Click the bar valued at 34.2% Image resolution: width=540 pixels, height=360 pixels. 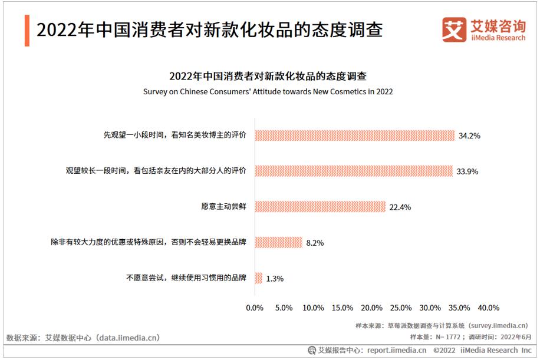pos(354,135)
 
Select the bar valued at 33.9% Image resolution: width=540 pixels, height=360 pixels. pos(354,171)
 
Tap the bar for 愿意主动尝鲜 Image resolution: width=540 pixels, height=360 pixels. pos(320,207)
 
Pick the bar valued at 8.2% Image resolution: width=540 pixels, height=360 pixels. pos(278,242)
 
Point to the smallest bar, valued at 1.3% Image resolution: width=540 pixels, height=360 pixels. pos(258,278)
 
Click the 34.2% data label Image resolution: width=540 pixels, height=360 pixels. pos(469,136)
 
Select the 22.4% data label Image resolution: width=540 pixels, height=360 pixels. pos(400,207)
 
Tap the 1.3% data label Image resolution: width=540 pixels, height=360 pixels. pos(275,279)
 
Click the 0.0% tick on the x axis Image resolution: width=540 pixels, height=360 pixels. pos(255,308)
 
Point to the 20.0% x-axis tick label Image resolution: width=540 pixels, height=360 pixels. pos(371,308)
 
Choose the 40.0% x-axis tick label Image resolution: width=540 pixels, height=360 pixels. pos(488,308)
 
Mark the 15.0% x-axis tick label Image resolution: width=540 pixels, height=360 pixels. pos(342,308)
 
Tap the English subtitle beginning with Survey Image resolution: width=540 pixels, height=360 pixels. pos(268,92)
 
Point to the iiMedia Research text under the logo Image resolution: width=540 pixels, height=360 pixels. pos(498,38)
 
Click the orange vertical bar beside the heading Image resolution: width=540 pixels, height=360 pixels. pos(27,29)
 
